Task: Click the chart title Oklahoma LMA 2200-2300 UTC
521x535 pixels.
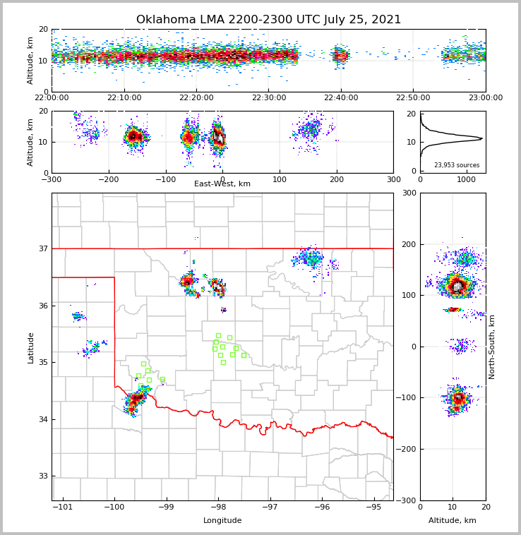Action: click(268, 20)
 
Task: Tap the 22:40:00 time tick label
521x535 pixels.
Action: click(341, 98)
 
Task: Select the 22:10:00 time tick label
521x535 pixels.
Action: click(124, 98)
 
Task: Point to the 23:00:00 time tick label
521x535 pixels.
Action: click(486, 98)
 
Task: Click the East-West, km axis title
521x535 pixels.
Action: click(222, 184)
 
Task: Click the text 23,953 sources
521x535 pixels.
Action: click(457, 165)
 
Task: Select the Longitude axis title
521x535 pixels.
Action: click(222, 521)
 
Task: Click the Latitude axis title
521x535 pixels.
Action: click(31, 347)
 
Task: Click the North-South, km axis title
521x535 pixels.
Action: click(492, 347)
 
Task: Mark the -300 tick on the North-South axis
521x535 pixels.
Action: click(407, 500)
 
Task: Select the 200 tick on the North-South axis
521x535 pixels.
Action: click(409, 244)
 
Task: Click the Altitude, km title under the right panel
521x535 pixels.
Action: click(453, 521)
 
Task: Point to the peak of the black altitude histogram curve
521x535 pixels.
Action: click(482, 138)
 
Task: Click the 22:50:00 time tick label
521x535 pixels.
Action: click(413, 98)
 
